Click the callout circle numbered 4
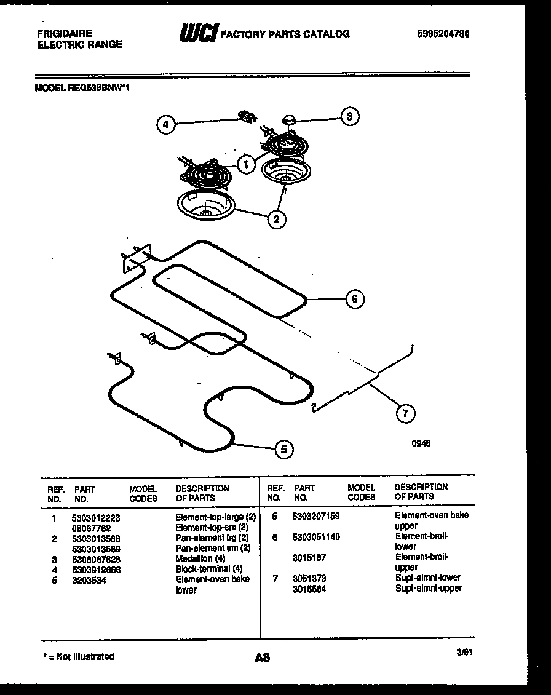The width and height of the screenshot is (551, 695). pos(165,125)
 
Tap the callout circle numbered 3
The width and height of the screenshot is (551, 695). pos(349,116)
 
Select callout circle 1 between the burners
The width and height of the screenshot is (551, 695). pos(245,164)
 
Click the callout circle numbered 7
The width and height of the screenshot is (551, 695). pos(405,413)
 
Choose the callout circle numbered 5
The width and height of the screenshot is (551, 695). pos(283,450)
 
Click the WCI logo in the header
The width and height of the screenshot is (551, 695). pos(198,34)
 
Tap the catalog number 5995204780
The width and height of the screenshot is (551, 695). pos(443,34)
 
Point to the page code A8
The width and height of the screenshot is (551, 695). pos(263,658)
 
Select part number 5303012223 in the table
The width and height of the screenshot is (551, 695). pos(97,518)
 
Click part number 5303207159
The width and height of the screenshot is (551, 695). pos(316,516)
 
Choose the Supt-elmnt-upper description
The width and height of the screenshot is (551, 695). pos(428,588)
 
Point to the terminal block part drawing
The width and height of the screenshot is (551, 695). pos(247,116)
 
